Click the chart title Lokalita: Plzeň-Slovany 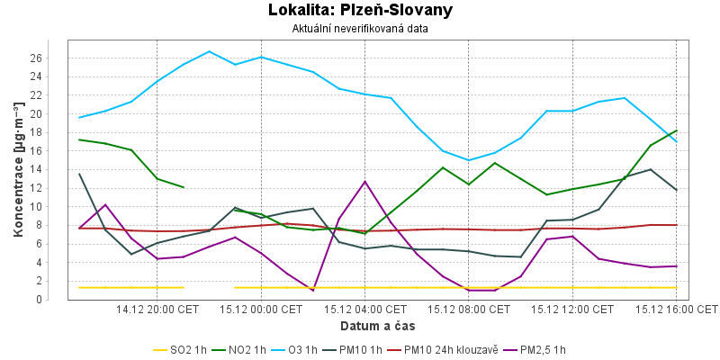[360, 11]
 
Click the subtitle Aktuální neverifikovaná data [360, 29]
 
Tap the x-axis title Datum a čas [378, 324]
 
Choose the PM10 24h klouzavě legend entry [443, 349]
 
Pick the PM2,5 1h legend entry [537, 349]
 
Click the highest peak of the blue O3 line [210, 51]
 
